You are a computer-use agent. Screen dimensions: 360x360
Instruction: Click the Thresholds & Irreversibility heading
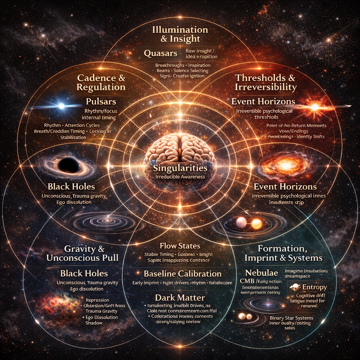point(265,82)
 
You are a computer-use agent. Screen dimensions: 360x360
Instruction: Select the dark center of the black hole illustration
point(69,165)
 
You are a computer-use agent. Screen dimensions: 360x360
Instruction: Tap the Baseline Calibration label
point(182,273)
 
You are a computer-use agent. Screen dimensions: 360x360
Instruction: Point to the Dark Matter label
point(180,297)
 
